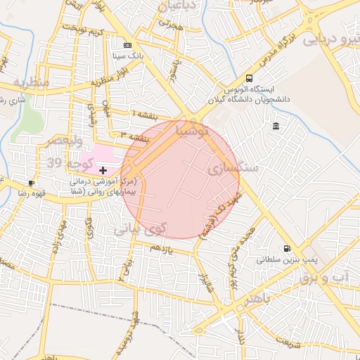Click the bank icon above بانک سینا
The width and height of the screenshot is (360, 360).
pos(127,44)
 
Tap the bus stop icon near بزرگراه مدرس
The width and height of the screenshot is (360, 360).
pos(250,78)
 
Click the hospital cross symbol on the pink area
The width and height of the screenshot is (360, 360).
pos(103,170)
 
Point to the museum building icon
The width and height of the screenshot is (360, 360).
pos(275,126)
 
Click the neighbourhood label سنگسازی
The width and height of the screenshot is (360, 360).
pos(234,169)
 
